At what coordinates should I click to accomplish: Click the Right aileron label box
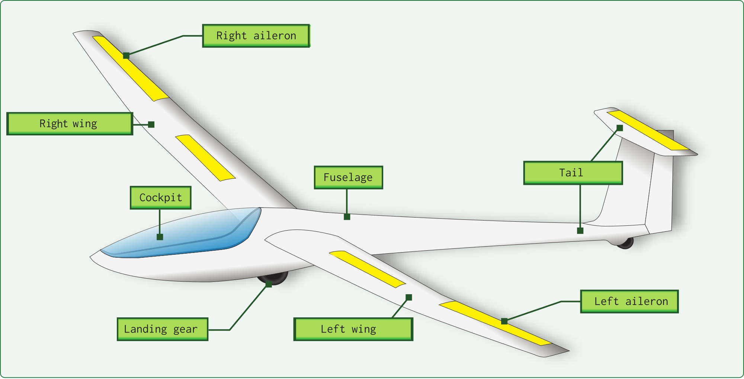[256, 36]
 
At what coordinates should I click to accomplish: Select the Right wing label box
[70, 123]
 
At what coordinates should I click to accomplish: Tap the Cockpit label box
[161, 197]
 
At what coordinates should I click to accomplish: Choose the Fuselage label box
[348, 177]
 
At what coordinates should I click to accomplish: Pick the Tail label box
[573, 173]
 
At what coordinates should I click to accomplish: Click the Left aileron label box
[629, 301]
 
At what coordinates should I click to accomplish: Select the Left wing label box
[353, 329]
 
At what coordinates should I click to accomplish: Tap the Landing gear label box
[163, 329]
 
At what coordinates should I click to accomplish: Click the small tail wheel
[625, 243]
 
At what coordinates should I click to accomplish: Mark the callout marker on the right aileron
[126, 56]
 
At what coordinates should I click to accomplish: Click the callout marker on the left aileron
[504, 321]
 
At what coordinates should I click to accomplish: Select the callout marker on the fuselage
[347, 217]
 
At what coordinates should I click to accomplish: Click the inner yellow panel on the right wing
[205, 158]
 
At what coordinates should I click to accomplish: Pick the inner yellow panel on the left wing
[367, 269]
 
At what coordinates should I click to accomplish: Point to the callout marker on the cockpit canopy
[160, 237]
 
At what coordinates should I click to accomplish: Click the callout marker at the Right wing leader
[151, 125]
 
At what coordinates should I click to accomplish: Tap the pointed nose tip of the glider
[91, 256]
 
